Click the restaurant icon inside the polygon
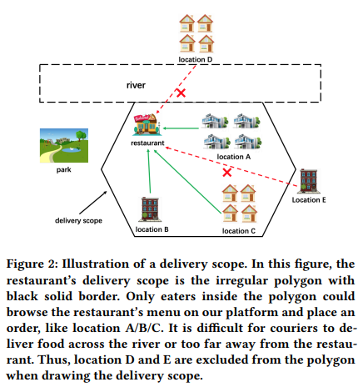coord(147,125)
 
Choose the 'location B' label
coord(152,229)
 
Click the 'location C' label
coord(240,229)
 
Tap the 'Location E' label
coord(309,200)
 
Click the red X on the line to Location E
coord(226,172)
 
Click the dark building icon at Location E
coord(310,180)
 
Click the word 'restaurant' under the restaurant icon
coord(147,143)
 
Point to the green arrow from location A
coord(181,128)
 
